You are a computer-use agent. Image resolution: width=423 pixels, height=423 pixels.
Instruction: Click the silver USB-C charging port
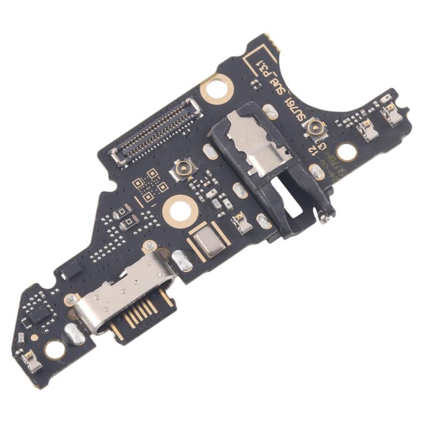(121, 295)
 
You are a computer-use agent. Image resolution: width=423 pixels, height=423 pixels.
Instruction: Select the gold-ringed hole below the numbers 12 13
(346, 151)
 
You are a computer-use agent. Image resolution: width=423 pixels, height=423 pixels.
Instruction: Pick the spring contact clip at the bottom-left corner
(32, 362)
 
